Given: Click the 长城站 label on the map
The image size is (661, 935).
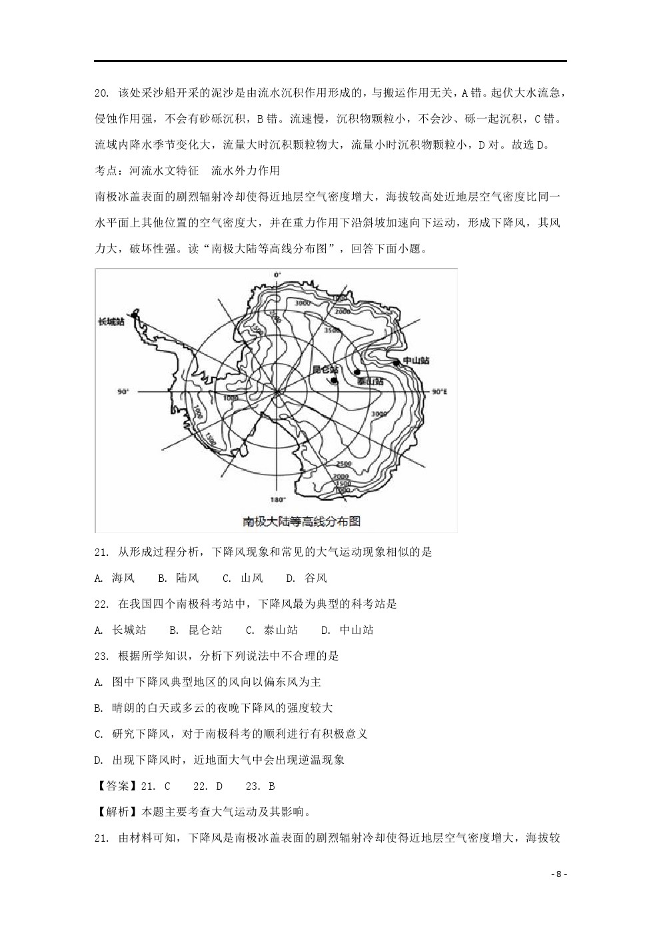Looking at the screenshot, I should (111, 322).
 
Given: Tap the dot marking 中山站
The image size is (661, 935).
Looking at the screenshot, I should (396, 363).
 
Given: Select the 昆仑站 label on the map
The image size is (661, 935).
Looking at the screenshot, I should (325, 369).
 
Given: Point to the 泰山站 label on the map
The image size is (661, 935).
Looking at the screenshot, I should (370, 382).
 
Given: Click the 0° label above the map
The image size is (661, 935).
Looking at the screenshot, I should (277, 275).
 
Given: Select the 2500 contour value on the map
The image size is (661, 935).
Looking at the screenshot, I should (344, 464).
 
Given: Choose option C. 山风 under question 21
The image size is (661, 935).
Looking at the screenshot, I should (243, 578).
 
